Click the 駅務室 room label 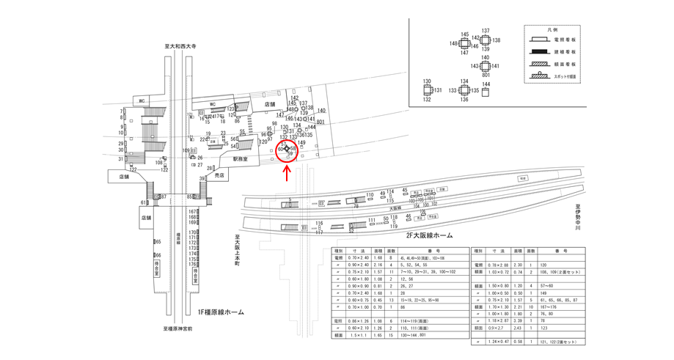tap(241, 158)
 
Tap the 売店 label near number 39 tap(219, 176)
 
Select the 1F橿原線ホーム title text tap(216, 312)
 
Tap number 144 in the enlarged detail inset tap(486, 85)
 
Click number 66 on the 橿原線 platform tap(158, 255)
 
